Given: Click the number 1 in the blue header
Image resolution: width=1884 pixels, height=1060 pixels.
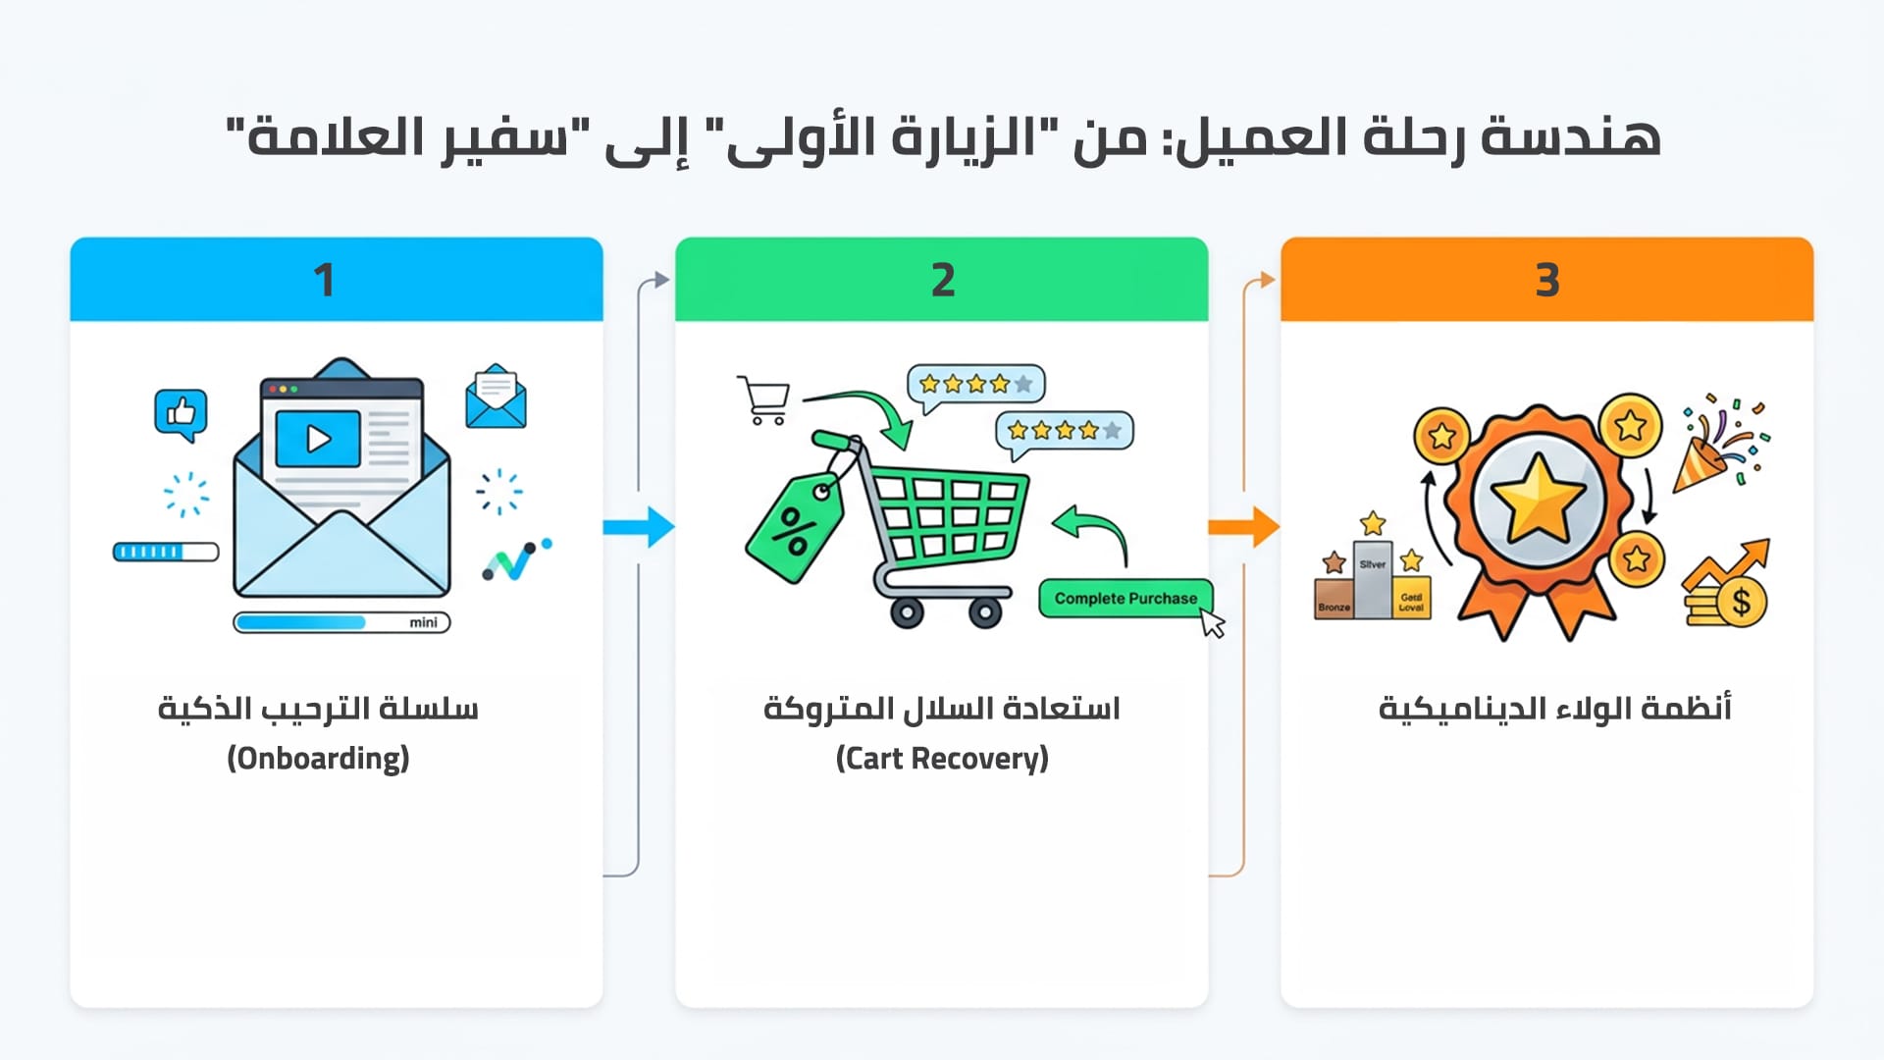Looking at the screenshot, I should pyautogui.click(x=324, y=281).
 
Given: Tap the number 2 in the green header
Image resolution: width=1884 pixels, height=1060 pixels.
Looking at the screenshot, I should pyautogui.click(x=942, y=281).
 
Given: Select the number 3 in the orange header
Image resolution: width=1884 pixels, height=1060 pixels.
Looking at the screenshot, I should pyautogui.click(x=1546, y=281).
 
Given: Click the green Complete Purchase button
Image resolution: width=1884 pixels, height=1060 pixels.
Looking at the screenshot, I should pyautogui.click(x=1125, y=598).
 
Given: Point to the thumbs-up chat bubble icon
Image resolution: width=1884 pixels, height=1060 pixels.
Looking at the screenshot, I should pyautogui.click(x=181, y=413).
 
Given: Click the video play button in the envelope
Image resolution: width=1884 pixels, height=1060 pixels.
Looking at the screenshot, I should pyautogui.click(x=318, y=439).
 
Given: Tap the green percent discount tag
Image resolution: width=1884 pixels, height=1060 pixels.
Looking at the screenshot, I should pyautogui.click(x=794, y=527).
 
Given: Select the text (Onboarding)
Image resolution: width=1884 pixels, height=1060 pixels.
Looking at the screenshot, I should pyautogui.click(x=318, y=759).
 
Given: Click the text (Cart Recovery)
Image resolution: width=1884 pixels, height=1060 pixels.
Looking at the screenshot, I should pyautogui.click(x=942, y=759).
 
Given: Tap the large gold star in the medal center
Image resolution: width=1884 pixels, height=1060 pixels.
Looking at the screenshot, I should pyautogui.click(x=1538, y=499).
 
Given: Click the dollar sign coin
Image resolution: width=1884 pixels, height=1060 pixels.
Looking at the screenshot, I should pyautogui.click(x=1740, y=601).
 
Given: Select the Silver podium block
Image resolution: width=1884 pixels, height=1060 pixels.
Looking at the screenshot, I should pyautogui.click(x=1373, y=579).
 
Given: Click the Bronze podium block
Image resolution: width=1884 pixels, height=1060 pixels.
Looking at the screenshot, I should pyautogui.click(x=1334, y=599).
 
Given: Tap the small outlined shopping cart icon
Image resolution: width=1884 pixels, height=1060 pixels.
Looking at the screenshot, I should pyautogui.click(x=764, y=399).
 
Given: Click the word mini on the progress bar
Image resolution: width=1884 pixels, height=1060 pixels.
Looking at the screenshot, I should pyautogui.click(x=423, y=622).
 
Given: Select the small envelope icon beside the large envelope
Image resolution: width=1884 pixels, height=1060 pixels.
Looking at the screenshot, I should pyautogui.click(x=496, y=397).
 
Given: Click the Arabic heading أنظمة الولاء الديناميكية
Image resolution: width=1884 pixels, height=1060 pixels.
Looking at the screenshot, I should pyautogui.click(x=1554, y=709).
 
